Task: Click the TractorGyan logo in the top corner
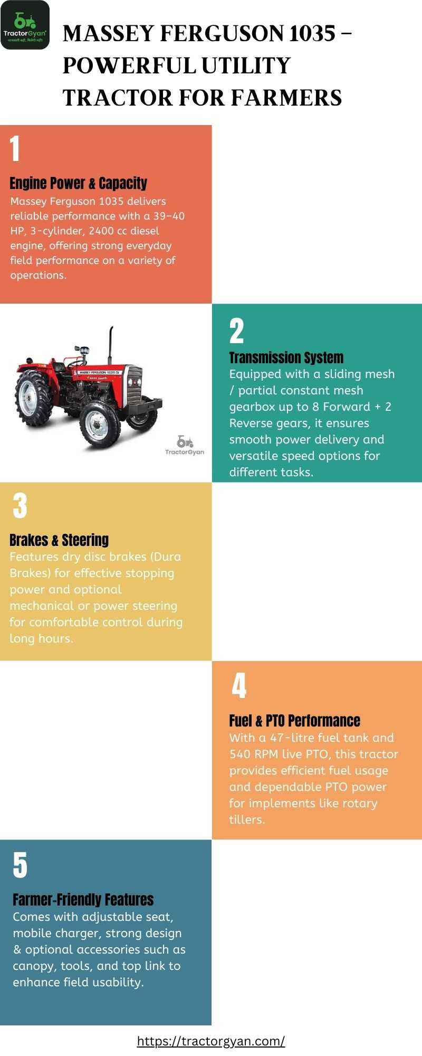click(x=25, y=25)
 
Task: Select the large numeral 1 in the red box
click(x=15, y=148)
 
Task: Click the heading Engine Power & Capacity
click(x=79, y=183)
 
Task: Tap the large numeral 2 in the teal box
click(x=237, y=331)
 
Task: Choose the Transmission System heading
click(x=286, y=357)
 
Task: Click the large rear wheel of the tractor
click(x=34, y=398)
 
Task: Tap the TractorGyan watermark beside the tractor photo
click(x=185, y=445)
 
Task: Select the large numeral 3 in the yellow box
click(x=20, y=506)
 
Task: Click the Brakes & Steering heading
click(x=59, y=540)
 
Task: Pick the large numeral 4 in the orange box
click(x=239, y=686)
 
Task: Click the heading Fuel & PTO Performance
click(x=294, y=721)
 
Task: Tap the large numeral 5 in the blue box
click(x=20, y=865)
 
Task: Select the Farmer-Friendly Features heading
click(x=83, y=900)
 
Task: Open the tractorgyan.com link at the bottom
click(x=211, y=1041)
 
